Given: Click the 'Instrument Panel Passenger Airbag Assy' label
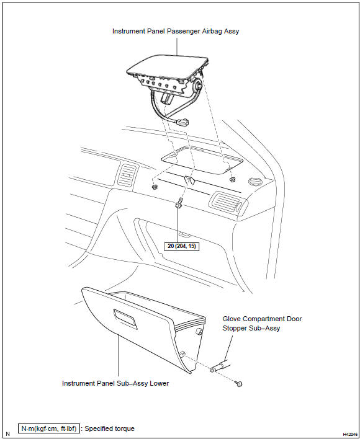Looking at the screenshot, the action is click(176, 31).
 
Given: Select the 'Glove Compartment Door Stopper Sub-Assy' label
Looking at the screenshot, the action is click(262, 324).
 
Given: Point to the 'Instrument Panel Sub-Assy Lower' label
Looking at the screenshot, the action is click(115, 383).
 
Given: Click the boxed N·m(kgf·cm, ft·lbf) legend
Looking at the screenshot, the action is click(49, 428).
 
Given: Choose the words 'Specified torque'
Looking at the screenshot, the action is click(109, 428).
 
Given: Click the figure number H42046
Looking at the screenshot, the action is click(351, 434).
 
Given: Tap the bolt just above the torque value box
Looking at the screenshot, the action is click(179, 203).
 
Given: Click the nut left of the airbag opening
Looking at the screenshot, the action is click(154, 187).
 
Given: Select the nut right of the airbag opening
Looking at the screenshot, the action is click(232, 179).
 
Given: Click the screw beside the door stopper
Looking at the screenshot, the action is click(239, 384).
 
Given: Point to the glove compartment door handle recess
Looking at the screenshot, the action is click(125, 319).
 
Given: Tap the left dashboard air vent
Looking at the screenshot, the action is click(127, 175).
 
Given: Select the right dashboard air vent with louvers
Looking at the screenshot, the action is click(228, 202).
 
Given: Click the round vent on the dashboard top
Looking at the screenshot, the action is click(255, 182).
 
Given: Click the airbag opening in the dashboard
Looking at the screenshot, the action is click(202, 161).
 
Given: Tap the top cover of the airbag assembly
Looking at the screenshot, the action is click(167, 66).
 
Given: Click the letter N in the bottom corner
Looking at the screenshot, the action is click(7, 434).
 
